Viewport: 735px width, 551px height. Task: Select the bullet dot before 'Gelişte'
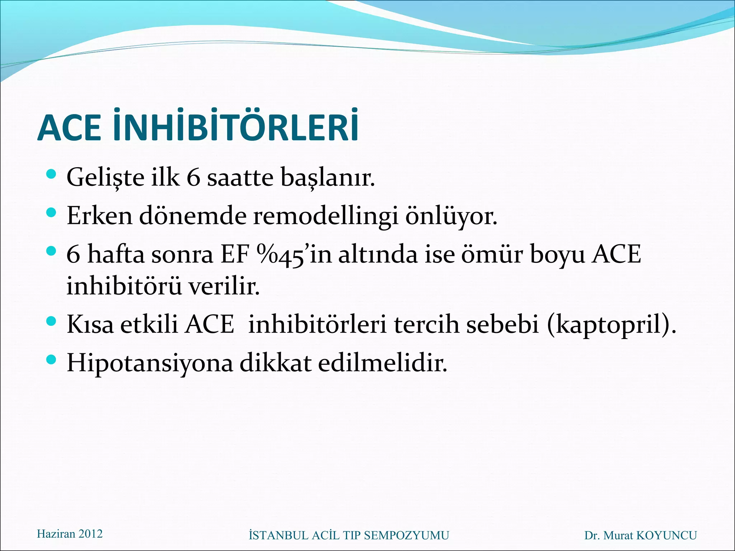[x=51, y=175]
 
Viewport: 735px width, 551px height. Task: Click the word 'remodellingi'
[x=326, y=216]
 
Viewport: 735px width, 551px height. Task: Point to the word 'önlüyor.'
[x=451, y=216]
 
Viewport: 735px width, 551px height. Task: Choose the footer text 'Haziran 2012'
[x=70, y=534]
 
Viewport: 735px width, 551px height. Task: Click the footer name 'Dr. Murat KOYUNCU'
[x=640, y=535]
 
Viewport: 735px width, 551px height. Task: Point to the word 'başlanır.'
[x=328, y=178]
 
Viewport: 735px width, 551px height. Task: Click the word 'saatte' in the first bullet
[x=240, y=178]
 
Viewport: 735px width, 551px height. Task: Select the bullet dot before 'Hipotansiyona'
[x=51, y=359]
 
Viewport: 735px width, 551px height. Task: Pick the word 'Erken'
[x=99, y=216]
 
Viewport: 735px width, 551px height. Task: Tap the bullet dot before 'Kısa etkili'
[x=51, y=321]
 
